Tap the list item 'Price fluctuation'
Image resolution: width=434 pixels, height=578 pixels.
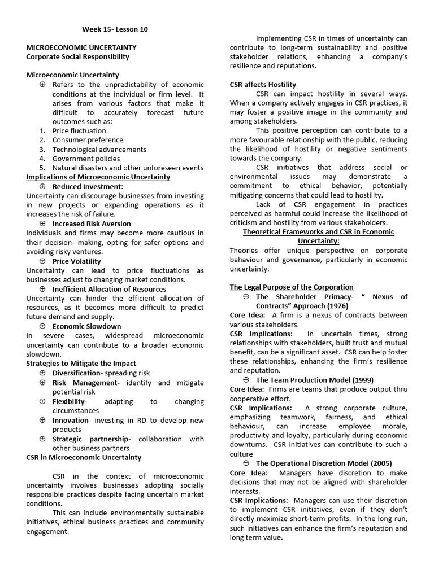[79, 130]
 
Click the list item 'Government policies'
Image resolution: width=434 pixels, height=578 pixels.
[86, 159]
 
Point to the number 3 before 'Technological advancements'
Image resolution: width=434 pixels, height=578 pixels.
[42, 150]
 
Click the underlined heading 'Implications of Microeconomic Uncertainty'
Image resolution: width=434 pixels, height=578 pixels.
[98, 177]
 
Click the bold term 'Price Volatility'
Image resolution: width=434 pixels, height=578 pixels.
[77, 261]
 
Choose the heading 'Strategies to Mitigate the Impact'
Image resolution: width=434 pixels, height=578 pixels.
[81, 364]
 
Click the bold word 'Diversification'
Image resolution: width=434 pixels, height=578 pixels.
[76, 373]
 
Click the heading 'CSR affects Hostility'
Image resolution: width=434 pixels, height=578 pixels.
[263, 85]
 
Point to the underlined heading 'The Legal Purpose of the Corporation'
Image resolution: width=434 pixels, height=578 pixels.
[292, 287]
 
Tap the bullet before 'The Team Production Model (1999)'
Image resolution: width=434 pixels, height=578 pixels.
[246, 380]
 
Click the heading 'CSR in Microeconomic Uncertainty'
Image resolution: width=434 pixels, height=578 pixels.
[84, 457]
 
